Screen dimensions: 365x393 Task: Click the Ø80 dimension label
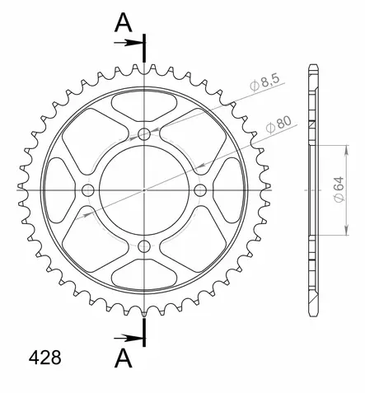(x=278, y=124)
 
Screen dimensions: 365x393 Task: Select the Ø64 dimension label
(x=339, y=189)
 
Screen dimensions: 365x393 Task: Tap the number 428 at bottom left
(x=45, y=358)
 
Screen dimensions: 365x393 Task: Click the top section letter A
(x=124, y=23)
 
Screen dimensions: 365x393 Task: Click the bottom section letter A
(x=124, y=358)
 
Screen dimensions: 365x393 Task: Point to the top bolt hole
(x=144, y=134)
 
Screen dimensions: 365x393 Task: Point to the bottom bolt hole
(x=144, y=246)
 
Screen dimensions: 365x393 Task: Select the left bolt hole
(x=88, y=190)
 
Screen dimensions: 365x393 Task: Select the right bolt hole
(x=200, y=190)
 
